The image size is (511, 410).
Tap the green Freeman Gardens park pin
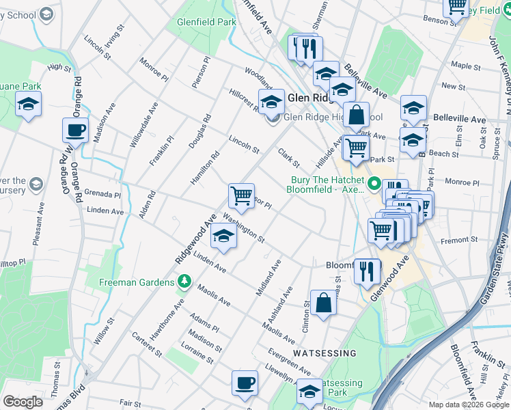click(183, 281)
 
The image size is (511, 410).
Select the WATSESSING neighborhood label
click(324, 353)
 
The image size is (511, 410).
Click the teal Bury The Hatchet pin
click(374, 184)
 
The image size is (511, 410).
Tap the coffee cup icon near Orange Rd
click(75, 131)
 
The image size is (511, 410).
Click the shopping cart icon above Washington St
click(241, 196)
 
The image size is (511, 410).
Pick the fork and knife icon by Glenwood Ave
click(368, 271)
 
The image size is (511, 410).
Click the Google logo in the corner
click(22, 402)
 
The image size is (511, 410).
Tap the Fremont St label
click(459, 240)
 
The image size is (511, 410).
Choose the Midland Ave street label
click(268, 277)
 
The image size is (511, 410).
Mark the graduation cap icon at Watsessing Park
click(309, 392)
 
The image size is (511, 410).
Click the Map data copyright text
click(469, 405)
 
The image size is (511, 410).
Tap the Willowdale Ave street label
click(144, 125)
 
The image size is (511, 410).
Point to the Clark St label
click(289, 158)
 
